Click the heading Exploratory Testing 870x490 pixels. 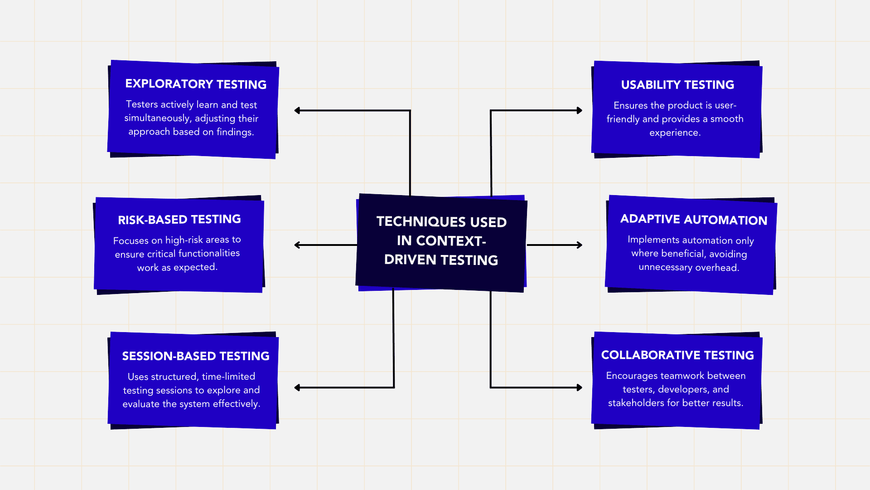[196, 84]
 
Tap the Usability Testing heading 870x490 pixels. [677, 85]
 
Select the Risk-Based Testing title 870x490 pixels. [179, 220]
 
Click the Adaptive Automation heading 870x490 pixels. [694, 220]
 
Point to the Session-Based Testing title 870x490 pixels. [196, 356]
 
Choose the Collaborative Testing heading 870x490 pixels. [677, 355]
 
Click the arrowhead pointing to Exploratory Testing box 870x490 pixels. [297, 110]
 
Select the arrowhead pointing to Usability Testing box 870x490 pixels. [579, 110]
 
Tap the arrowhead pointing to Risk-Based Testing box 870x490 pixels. [297, 245]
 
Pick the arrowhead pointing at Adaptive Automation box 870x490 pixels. [579, 245]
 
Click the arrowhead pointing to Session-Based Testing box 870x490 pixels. [297, 387]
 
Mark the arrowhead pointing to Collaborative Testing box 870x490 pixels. [579, 387]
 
